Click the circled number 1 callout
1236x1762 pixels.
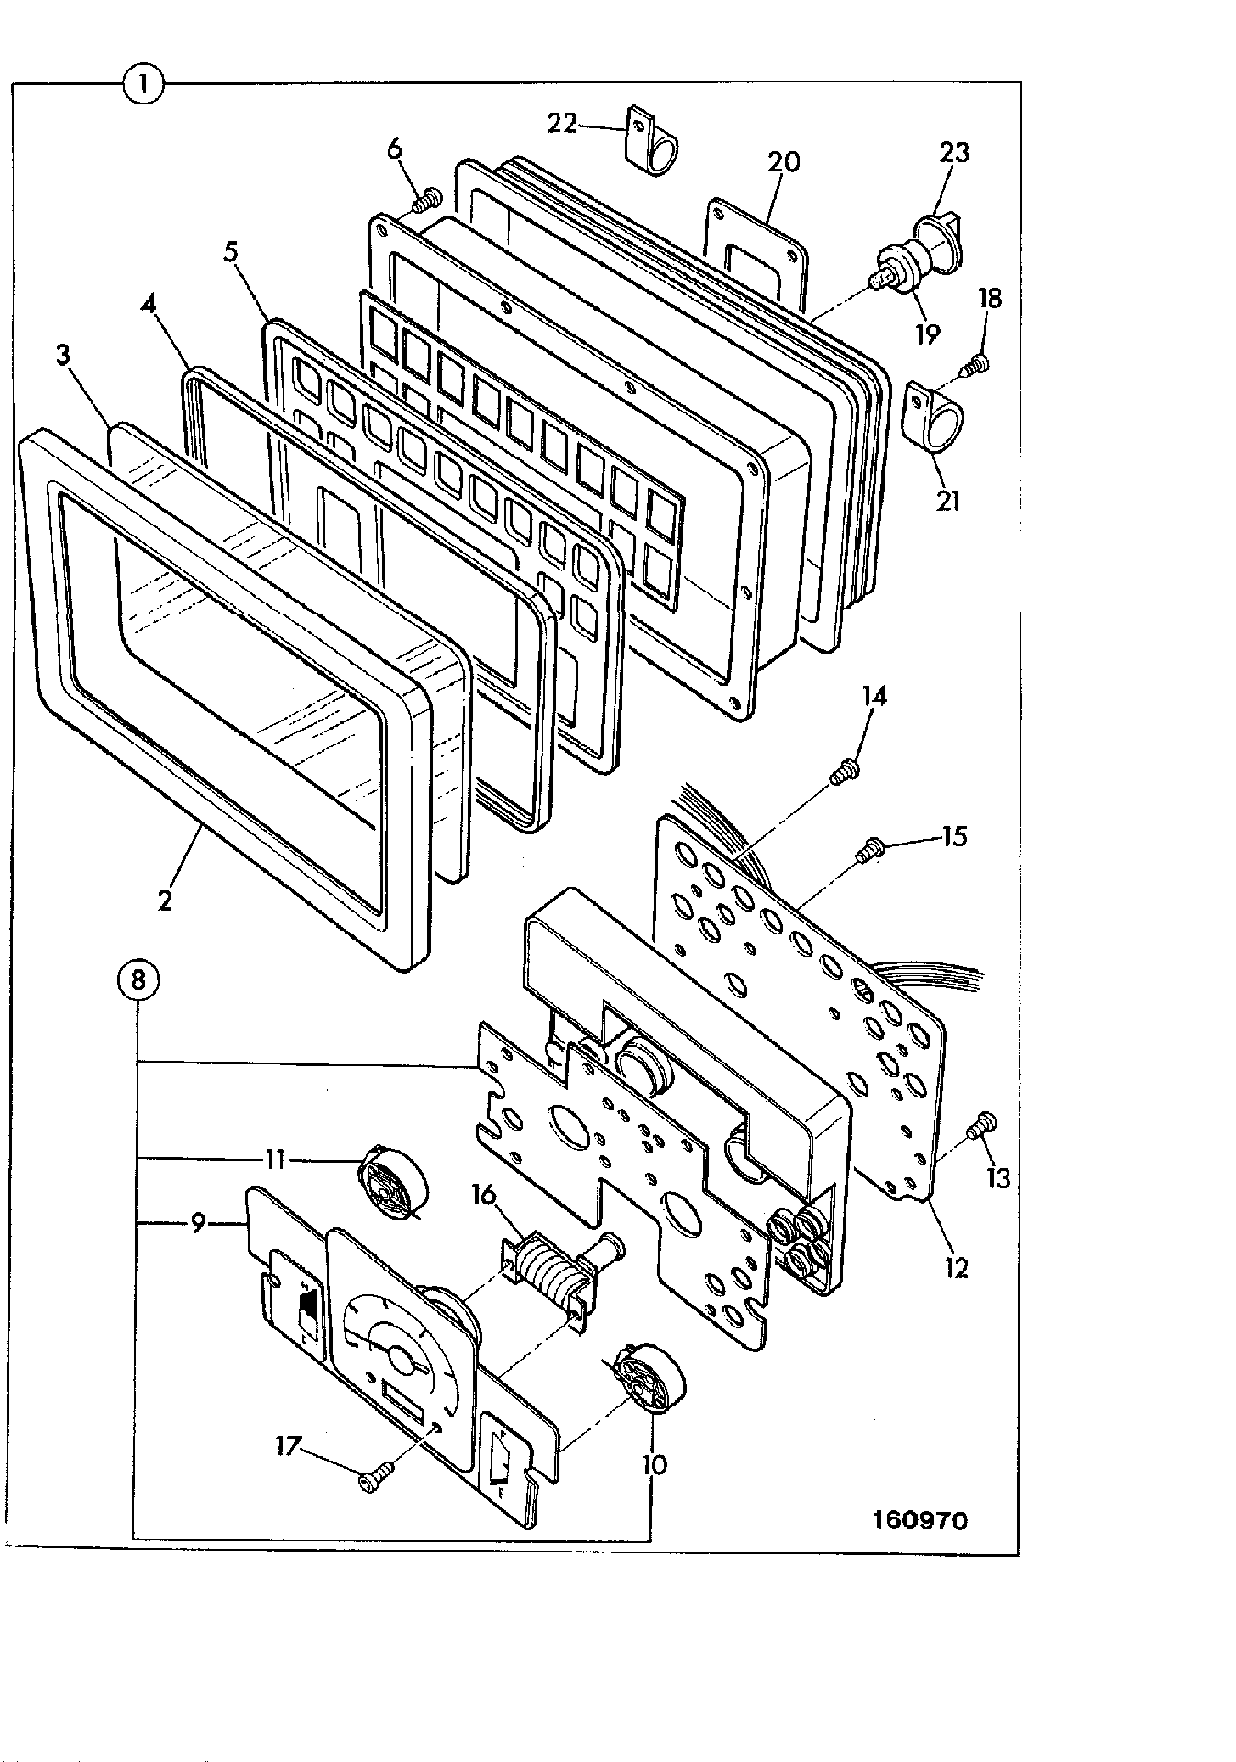[x=143, y=84]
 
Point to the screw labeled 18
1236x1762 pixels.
[x=974, y=366]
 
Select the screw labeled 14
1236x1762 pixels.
[x=846, y=770]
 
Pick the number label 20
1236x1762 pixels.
[x=784, y=161]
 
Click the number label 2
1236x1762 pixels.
[x=166, y=900]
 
